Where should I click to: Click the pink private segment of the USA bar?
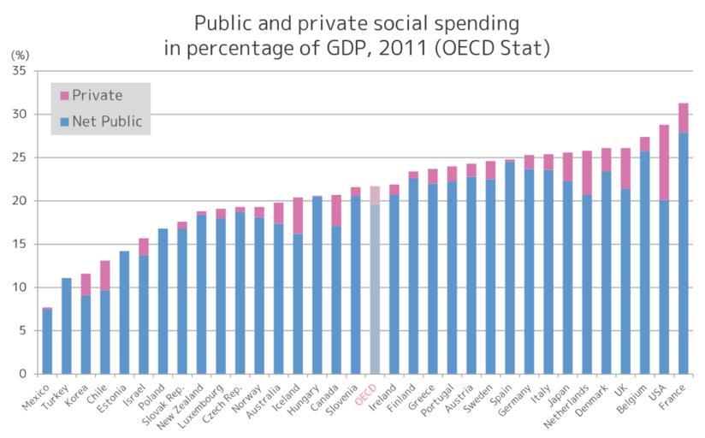663,163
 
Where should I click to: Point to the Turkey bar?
67,325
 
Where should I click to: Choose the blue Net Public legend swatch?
65,122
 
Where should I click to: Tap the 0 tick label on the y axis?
22,374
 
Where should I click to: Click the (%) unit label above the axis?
19,54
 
